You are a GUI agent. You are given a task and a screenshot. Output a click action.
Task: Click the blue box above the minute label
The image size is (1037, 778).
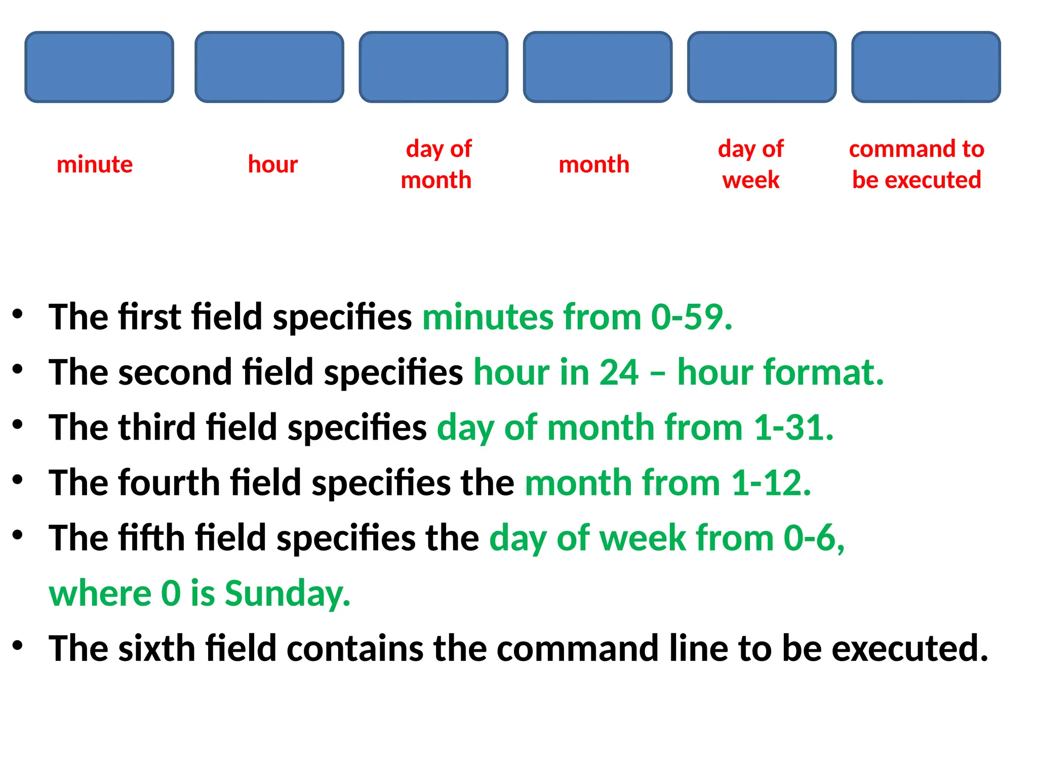coord(99,67)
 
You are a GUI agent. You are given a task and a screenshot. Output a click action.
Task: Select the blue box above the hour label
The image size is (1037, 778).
coord(269,67)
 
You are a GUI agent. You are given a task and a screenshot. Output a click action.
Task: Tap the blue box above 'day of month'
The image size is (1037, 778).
coord(433,67)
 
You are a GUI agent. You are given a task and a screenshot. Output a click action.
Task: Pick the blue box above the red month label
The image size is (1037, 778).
coord(597,67)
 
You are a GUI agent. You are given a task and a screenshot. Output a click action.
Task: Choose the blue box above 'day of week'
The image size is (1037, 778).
coord(762,67)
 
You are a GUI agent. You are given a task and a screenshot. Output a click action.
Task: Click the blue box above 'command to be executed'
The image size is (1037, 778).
coord(926,67)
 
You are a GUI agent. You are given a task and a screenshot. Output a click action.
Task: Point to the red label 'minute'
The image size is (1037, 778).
coord(95,165)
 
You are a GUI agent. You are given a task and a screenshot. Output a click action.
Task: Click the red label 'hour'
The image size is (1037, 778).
coord(273,165)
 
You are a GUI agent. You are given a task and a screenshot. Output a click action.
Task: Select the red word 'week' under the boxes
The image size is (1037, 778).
coord(750,180)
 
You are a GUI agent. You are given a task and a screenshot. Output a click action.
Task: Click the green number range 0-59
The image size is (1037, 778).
coord(691,318)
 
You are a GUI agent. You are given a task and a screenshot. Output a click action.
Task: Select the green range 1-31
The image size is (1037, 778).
coord(792,428)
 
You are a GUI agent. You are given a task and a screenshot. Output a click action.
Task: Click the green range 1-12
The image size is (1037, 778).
coord(770,483)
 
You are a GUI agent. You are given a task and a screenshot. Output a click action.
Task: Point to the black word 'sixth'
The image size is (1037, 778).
coord(156,648)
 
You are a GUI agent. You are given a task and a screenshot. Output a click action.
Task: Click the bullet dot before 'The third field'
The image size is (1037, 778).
coord(18,424)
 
